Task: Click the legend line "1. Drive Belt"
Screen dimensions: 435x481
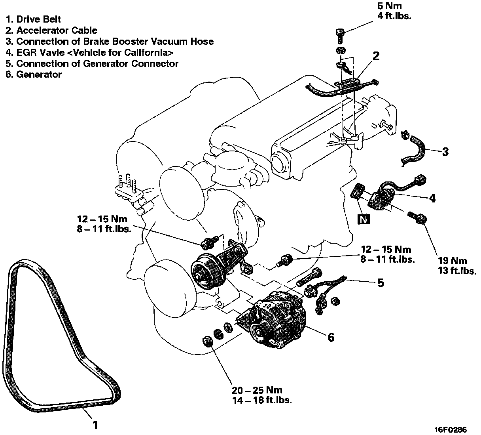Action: (x=33, y=19)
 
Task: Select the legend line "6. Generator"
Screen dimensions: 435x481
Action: (x=34, y=74)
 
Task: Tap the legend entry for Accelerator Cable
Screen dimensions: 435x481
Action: (x=51, y=30)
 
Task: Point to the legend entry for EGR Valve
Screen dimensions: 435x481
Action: (x=89, y=52)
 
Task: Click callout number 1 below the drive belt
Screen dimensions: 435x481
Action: (x=95, y=425)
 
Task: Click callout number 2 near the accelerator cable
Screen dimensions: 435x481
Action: (x=375, y=56)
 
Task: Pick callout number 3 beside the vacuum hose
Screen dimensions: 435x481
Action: (x=445, y=152)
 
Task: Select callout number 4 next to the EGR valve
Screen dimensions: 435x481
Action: (x=432, y=198)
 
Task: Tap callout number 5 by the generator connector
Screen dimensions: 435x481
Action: (x=381, y=282)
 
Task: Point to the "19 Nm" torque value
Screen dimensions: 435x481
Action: (x=453, y=261)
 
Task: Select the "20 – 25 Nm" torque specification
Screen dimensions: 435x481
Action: (x=257, y=390)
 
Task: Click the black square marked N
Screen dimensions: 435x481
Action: (x=363, y=219)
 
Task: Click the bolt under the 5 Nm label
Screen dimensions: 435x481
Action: (x=339, y=35)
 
